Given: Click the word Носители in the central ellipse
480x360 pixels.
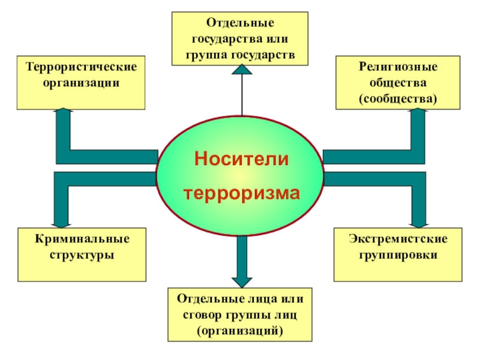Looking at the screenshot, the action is tap(241, 159).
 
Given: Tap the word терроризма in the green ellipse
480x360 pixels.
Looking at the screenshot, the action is tap(241, 193).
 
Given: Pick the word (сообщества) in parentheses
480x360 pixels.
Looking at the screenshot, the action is tap(398, 97).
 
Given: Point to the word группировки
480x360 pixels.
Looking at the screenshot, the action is tap(398, 255).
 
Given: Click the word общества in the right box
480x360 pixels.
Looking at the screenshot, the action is tap(398, 81).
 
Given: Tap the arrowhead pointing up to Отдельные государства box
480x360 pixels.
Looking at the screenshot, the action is tap(242, 71).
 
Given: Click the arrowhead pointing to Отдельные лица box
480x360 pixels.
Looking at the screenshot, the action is tap(242, 280).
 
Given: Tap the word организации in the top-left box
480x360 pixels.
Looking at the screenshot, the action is tap(81, 81).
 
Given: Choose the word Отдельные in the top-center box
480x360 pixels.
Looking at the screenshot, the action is tap(241, 23).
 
